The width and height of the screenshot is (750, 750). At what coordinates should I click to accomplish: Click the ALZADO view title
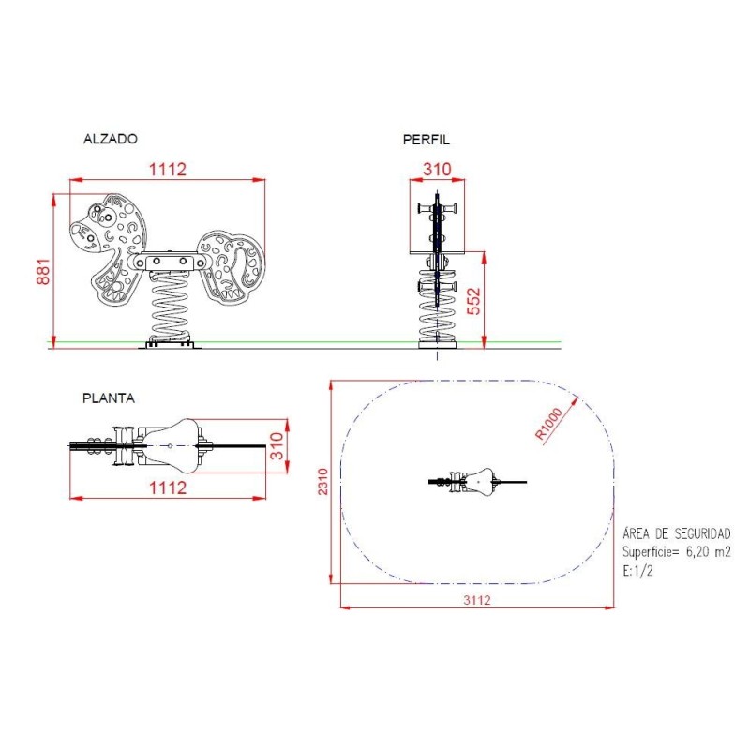(x=111, y=139)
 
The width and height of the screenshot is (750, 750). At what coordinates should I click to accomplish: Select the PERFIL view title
(x=427, y=140)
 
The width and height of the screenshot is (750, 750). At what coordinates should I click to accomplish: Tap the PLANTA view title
(x=109, y=397)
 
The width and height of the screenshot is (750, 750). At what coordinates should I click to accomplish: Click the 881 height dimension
(x=43, y=272)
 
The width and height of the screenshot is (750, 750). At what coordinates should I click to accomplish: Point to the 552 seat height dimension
(x=473, y=301)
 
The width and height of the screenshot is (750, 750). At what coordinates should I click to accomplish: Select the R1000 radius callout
(x=549, y=424)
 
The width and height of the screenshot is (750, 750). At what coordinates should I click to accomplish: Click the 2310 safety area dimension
(x=323, y=482)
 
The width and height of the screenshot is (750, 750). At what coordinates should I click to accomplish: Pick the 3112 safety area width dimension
(x=477, y=600)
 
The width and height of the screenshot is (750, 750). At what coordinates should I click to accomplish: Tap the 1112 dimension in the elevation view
(x=168, y=170)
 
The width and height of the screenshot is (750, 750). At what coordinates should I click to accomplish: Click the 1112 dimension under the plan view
(x=168, y=487)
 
